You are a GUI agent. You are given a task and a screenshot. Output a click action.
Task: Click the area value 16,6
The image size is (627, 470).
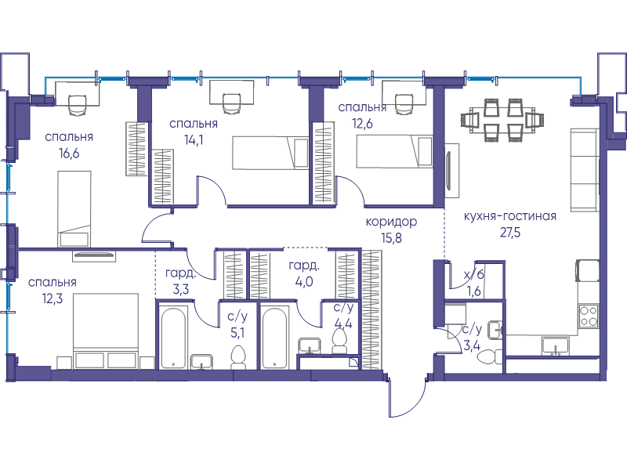(69, 154)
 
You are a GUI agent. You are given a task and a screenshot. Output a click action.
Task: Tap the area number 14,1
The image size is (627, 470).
(194, 140)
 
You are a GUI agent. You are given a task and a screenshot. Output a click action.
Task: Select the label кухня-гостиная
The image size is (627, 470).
(510, 216)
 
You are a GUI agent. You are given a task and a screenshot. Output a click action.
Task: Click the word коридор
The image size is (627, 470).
(391, 222)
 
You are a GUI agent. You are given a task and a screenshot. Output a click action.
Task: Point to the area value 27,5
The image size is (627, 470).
(510, 233)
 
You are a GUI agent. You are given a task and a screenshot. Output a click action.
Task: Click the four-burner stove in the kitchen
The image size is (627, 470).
(589, 316)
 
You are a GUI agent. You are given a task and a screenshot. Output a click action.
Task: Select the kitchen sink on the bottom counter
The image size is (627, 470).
(556, 346)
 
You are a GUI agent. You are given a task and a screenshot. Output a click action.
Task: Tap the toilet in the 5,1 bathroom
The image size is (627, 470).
(238, 358)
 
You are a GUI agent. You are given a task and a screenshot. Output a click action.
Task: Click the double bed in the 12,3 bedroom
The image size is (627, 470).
(106, 331)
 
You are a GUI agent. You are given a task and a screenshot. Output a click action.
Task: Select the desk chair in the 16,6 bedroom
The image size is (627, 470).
(78, 104)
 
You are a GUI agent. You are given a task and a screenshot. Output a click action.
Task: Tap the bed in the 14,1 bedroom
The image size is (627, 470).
(270, 153)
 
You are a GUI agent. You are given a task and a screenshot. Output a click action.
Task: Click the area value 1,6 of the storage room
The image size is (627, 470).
(474, 291)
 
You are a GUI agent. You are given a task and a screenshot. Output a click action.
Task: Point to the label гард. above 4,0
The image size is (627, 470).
(304, 266)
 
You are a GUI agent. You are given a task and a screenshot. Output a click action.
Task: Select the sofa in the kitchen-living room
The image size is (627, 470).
(585, 169)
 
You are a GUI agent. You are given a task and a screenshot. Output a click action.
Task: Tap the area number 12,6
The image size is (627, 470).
(362, 124)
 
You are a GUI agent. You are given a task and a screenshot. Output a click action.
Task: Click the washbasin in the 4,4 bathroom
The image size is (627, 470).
(310, 345)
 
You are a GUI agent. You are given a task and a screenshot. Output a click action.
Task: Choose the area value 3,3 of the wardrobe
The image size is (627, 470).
(181, 289)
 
